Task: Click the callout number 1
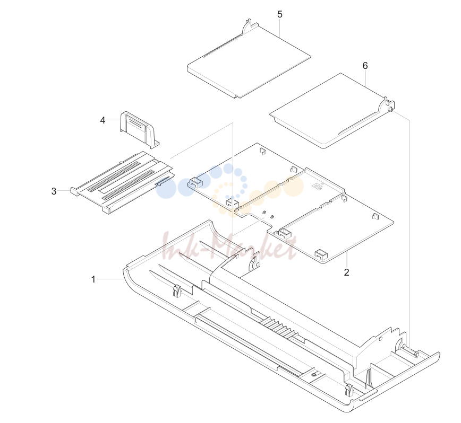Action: [x=93, y=279]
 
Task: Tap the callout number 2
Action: [x=347, y=272]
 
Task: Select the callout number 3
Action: [x=54, y=191]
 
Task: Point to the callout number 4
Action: [x=103, y=120]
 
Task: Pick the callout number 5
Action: [x=280, y=14]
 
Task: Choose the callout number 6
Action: [x=365, y=66]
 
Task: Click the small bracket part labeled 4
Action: [x=139, y=129]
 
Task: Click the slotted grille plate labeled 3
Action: [x=122, y=182]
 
